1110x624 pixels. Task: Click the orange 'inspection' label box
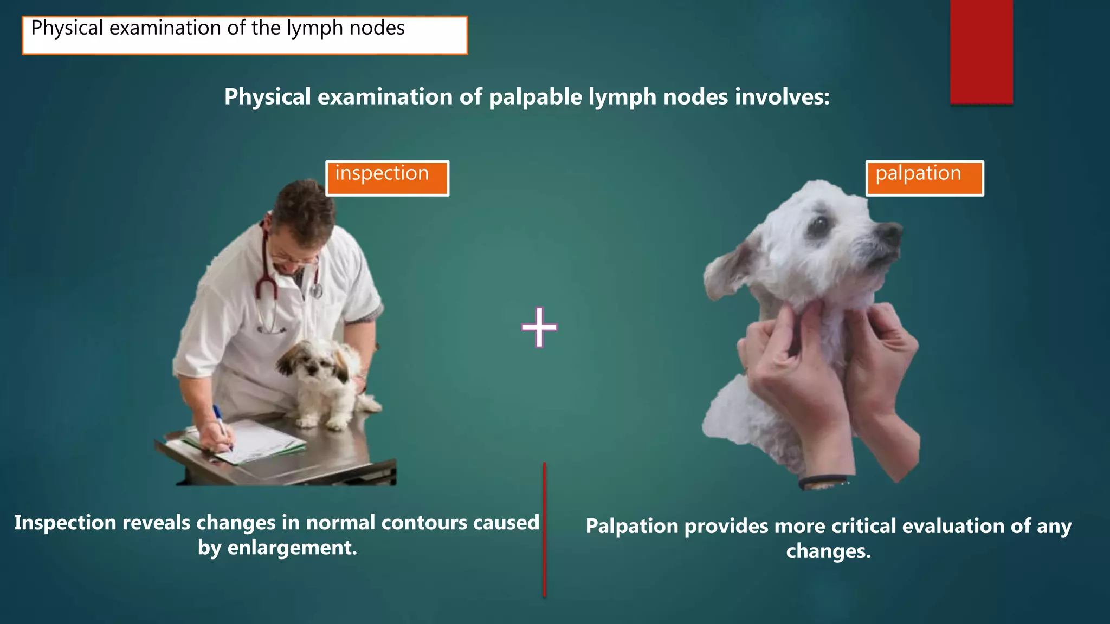pyautogui.click(x=387, y=178)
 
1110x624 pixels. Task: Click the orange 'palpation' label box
pyautogui.click(x=925, y=178)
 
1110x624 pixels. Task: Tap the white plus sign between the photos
pyautogui.click(x=539, y=327)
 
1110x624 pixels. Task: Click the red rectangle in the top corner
pyautogui.click(x=981, y=51)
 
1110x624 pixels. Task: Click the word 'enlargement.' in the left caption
pyautogui.click(x=292, y=548)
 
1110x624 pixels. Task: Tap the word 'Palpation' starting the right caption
pyautogui.click(x=631, y=526)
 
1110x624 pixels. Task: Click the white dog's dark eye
pyautogui.click(x=820, y=223)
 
